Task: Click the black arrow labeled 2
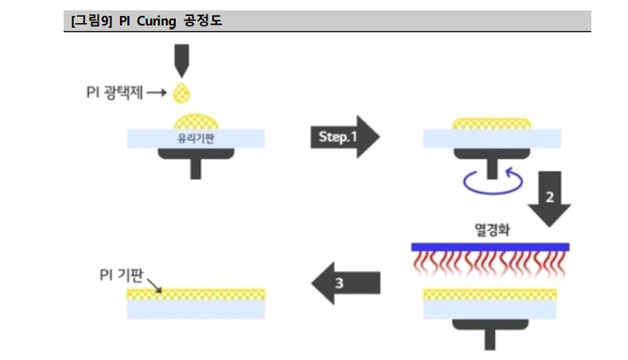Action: [x=549, y=197]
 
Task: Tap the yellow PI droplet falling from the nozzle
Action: [x=182, y=92]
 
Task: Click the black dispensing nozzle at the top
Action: [x=182, y=58]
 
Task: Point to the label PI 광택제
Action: [x=115, y=93]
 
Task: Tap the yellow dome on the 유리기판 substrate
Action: [x=196, y=121]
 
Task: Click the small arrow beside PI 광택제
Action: [x=157, y=93]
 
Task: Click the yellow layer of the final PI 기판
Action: [x=196, y=293]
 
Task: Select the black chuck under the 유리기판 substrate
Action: [x=196, y=160]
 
